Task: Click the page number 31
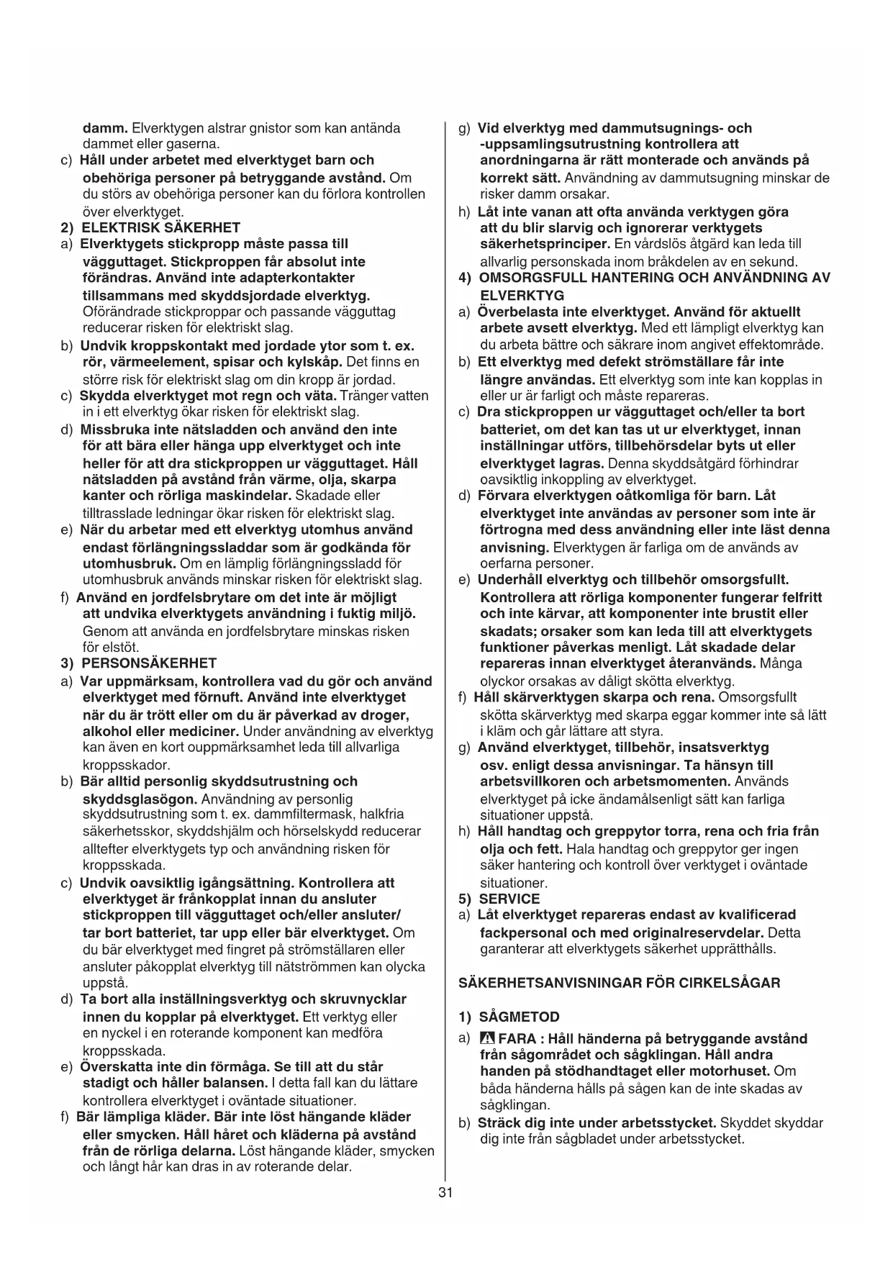tap(445, 1192)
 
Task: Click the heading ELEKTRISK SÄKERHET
tap(160, 228)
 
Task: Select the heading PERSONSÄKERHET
tap(149, 663)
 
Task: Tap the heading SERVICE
tap(509, 899)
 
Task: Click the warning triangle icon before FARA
tap(486, 1039)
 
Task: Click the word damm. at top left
tap(106, 128)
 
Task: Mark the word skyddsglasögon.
tap(140, 799)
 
